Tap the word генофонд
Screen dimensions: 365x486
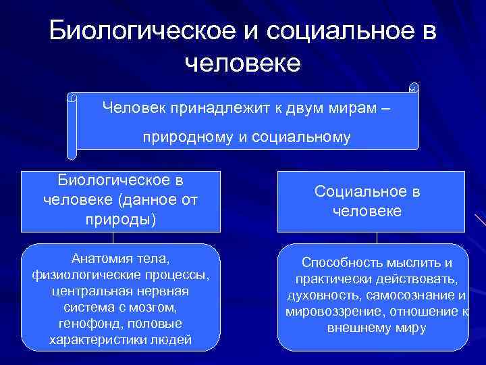pos(84,324)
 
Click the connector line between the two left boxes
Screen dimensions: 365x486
pos(113,237)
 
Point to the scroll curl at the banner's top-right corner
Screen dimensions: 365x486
pos(414,88)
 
